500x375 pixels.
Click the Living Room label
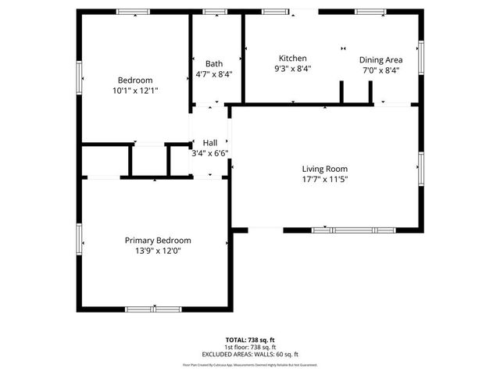[324, 169]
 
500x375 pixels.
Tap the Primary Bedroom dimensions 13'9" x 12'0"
[158, 251]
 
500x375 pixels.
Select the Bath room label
[214, 64]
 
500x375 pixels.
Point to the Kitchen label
[293, 59]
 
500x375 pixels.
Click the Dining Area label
[380, 59]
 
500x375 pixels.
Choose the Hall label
[209, 143]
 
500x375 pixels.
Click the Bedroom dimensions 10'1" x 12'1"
[135, 91]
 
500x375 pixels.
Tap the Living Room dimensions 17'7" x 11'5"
[324, 179]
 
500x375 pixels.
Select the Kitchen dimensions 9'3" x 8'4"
[293, 69]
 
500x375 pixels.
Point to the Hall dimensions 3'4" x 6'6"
[209, 154]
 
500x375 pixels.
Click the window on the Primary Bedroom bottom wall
[153, 309]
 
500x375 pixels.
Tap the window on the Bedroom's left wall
[79, 78]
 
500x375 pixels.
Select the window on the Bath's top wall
[214, 12]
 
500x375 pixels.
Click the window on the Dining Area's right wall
[420, 57]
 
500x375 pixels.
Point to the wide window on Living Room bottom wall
[353, 230]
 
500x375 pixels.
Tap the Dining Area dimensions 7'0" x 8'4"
[380, 70]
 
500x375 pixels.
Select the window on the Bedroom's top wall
[134, 12]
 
